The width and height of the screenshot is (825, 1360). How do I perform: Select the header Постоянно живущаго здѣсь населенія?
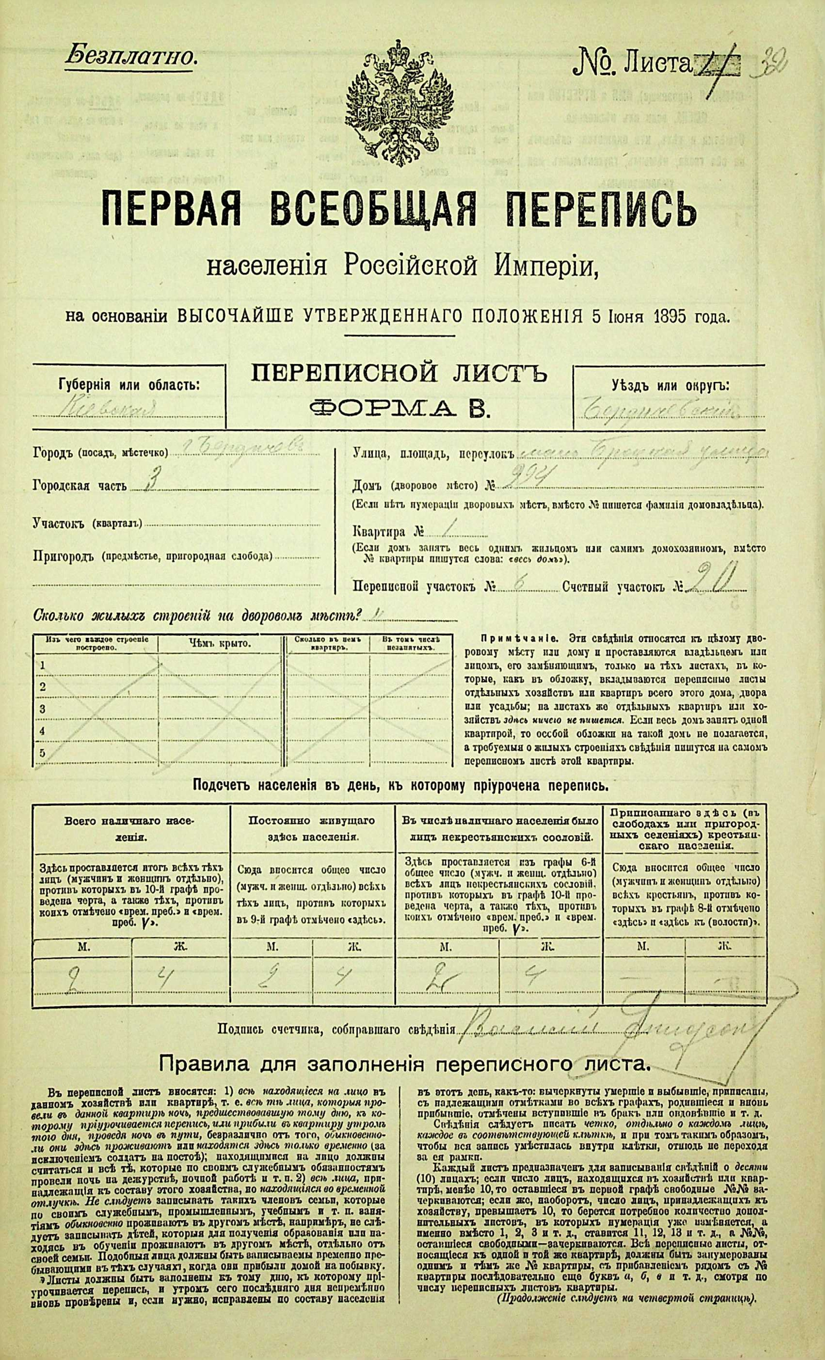click(312, 828)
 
